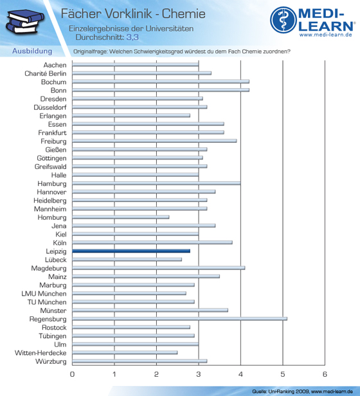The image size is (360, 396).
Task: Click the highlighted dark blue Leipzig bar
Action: [131, 251]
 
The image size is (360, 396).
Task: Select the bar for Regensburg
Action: [179, 319]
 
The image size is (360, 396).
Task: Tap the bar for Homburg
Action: [121, 217]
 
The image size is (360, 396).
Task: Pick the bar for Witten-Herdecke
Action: [125, 352]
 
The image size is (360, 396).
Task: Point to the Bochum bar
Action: [161, 82]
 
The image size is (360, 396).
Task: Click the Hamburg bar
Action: [156, 183]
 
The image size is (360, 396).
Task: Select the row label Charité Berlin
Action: [46, 73]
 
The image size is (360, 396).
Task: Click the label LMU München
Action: [44, 294]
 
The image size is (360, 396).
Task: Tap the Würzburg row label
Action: [51, 361]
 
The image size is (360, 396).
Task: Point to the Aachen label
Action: [55, 65]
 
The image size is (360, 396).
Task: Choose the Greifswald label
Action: [51, 166]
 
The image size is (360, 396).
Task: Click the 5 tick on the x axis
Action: [283, 374]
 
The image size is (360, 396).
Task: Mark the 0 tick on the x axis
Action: [72, 374]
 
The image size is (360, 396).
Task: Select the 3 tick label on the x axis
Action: [199, 374]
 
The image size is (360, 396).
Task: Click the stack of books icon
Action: [25, 22]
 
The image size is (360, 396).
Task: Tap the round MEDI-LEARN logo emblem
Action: [283, 20]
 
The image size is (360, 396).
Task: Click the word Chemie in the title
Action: [184, 14]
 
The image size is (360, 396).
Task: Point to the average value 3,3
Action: [132, 37]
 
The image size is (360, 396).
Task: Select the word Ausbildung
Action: [32, 51]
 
